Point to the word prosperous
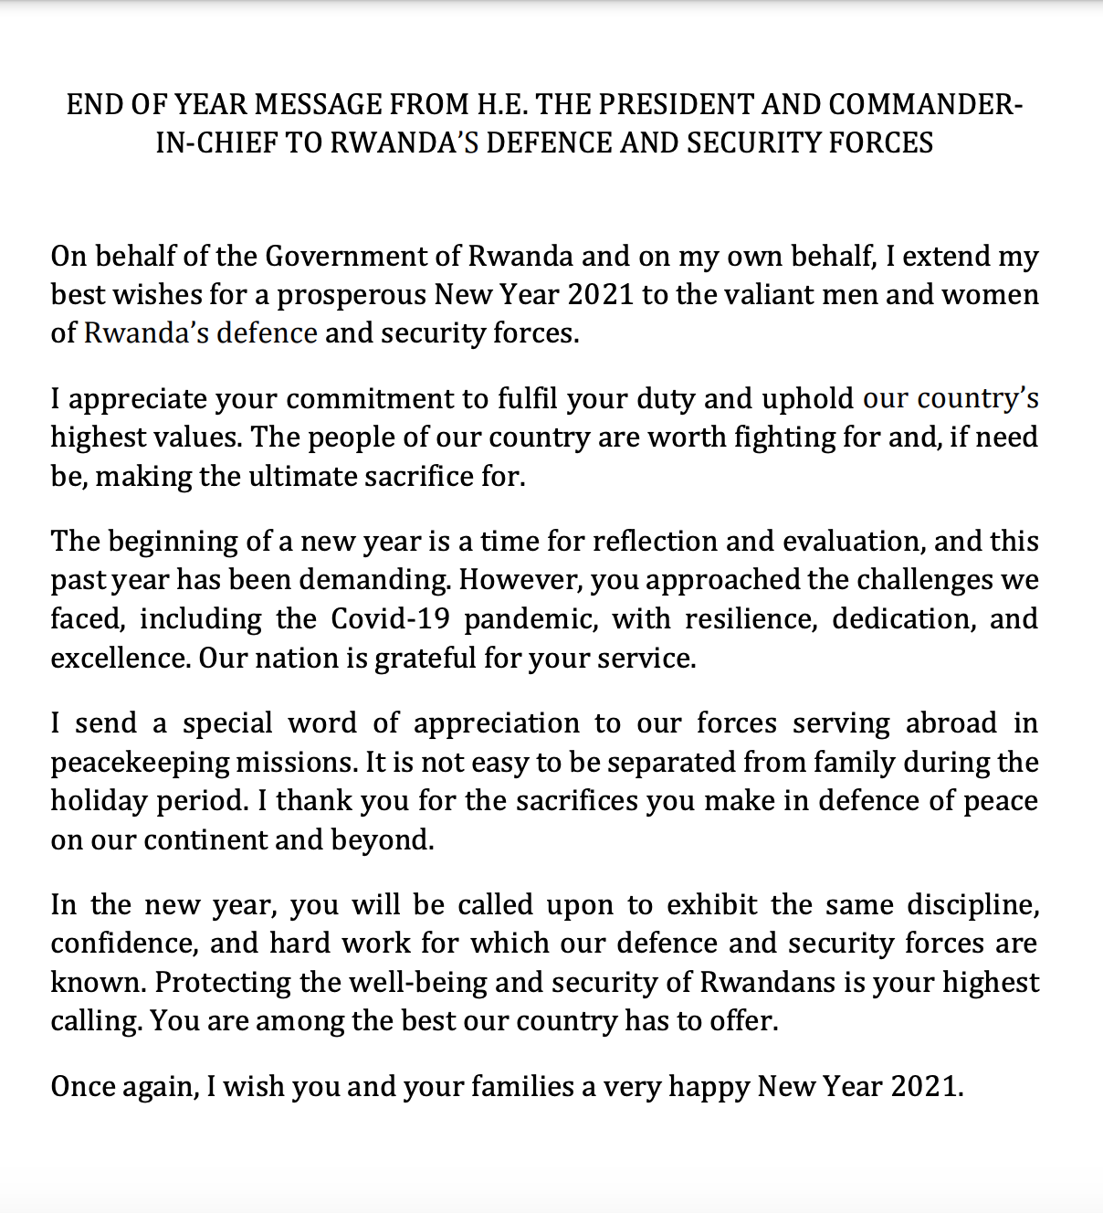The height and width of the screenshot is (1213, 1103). (352, 295)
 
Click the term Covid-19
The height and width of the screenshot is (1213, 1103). (390, 619)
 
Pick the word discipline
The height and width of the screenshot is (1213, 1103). (972, 905)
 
